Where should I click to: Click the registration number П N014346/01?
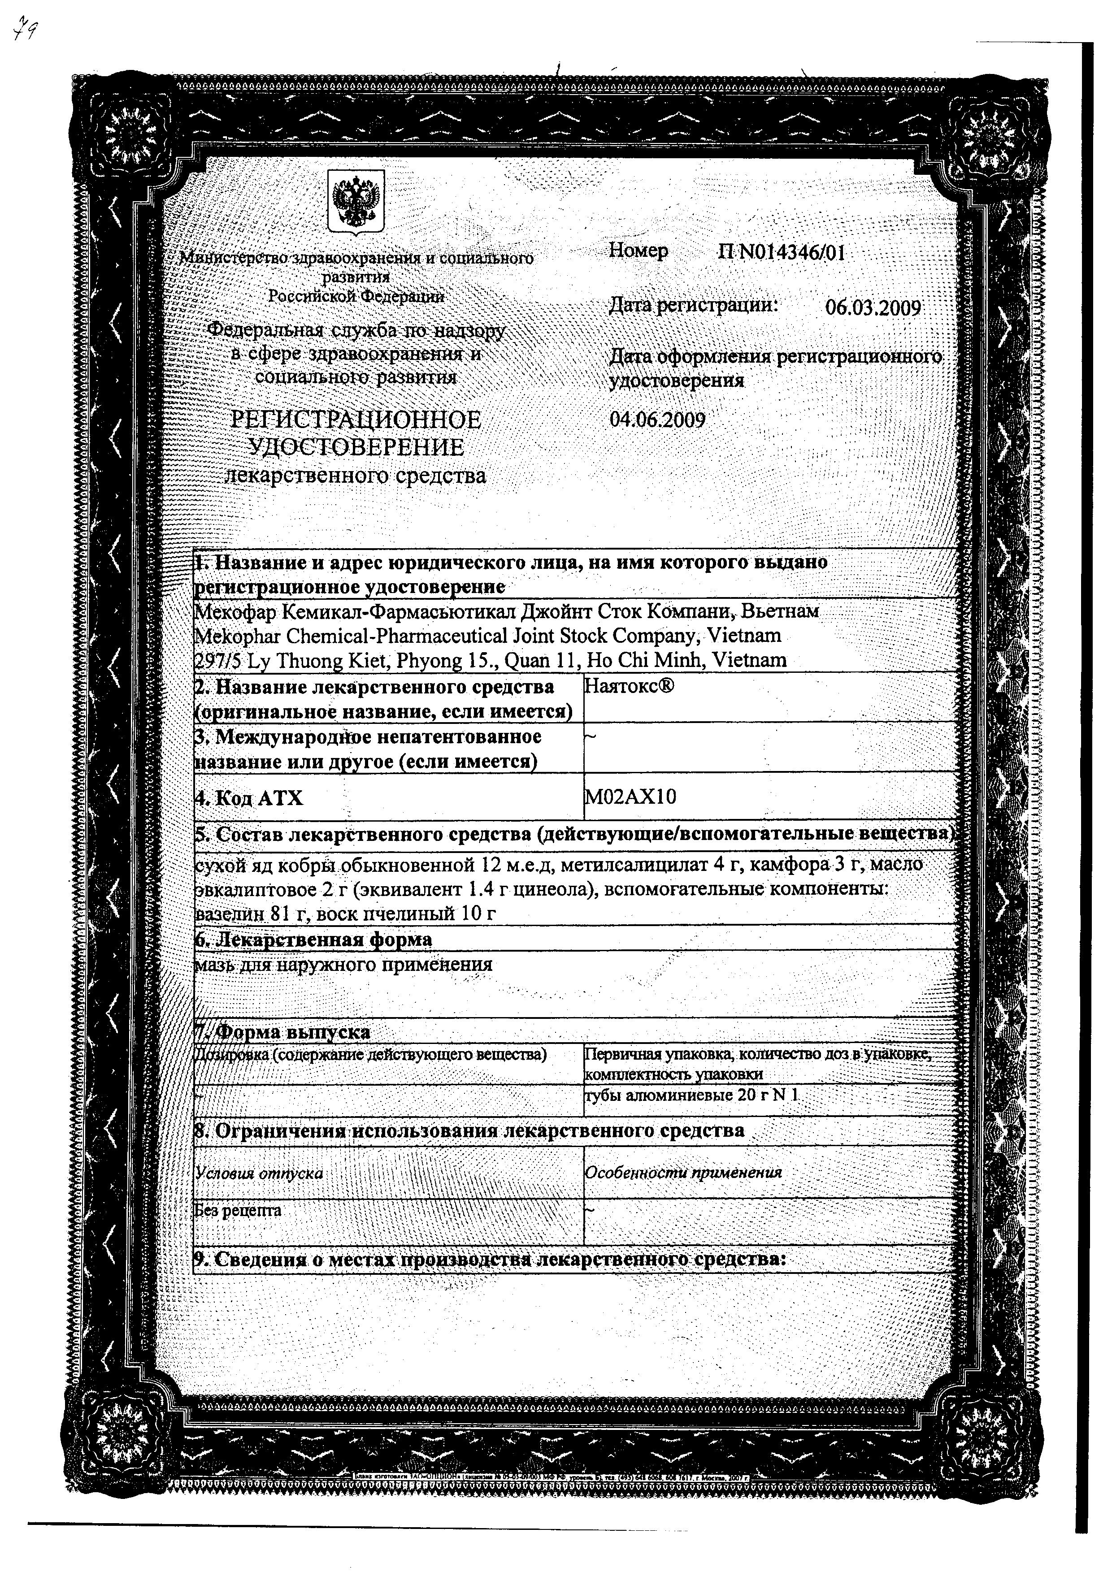[781, 253]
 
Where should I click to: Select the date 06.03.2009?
[873, 307]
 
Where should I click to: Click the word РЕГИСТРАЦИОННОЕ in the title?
[356, 420]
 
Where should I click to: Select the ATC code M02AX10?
[630, 796]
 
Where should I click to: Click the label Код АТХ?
[249, 797]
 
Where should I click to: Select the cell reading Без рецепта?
[238, 1210]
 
